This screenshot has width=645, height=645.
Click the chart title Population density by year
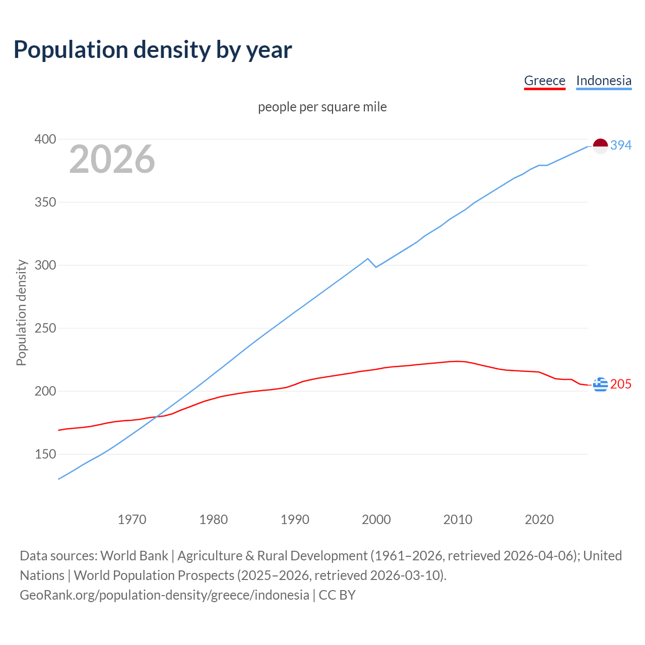pos(153,50)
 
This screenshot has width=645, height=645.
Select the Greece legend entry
pos(544,81)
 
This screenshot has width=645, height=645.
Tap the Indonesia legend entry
pos(603,81)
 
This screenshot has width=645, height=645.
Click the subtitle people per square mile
pos(322,107)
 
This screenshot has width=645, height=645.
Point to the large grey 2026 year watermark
pos(112,159)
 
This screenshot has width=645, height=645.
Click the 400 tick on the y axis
pos(45,139)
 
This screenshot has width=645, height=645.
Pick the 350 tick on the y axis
pos(45,202)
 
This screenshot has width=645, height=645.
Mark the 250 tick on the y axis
pos(45,328)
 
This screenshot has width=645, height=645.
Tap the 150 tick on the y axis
pos(45,454)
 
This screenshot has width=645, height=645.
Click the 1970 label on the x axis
pos(132,520)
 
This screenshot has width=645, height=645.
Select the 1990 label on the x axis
pos(295,520)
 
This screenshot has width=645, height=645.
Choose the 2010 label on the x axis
pos(458,520)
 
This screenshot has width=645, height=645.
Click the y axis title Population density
pos(21,312)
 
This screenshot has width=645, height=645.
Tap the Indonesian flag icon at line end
pos(600,146)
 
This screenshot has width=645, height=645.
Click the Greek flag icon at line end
pos(600,384)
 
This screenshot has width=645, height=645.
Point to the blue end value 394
pos(621,145)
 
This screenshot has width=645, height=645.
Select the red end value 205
pos(621,384)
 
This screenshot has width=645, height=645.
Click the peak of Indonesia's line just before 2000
pos(368,259)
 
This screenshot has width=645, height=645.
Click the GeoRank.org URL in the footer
pos(164,595)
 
